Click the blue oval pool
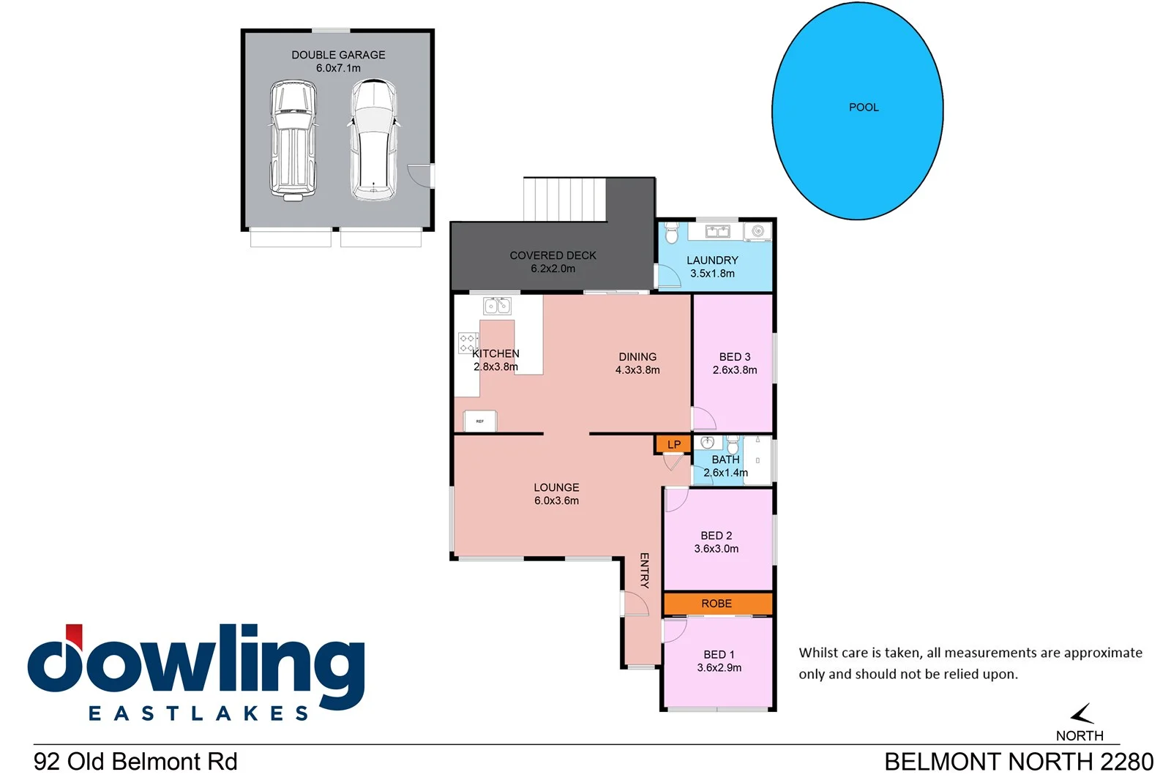pos(857,111)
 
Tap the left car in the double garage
pos(293,140)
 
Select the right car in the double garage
pos(373,140)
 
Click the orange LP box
pos(673,444)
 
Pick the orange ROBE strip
pos(717,604)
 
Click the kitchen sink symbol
pos(497,306)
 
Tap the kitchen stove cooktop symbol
pos(468,343)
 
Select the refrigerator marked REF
pos(480,421)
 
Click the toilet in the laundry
pos(672,233)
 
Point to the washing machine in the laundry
pos(757,232)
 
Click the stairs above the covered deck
pos(564,198)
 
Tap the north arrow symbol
pos(1082,713)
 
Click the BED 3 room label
pos(735,357)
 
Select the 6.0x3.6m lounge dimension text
pos(556,501)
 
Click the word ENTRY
pos(644,570)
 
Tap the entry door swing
pos(635,604)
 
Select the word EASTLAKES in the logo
pos(198,713)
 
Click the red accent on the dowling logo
pos(74,634)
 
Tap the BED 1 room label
pos(719,655)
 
